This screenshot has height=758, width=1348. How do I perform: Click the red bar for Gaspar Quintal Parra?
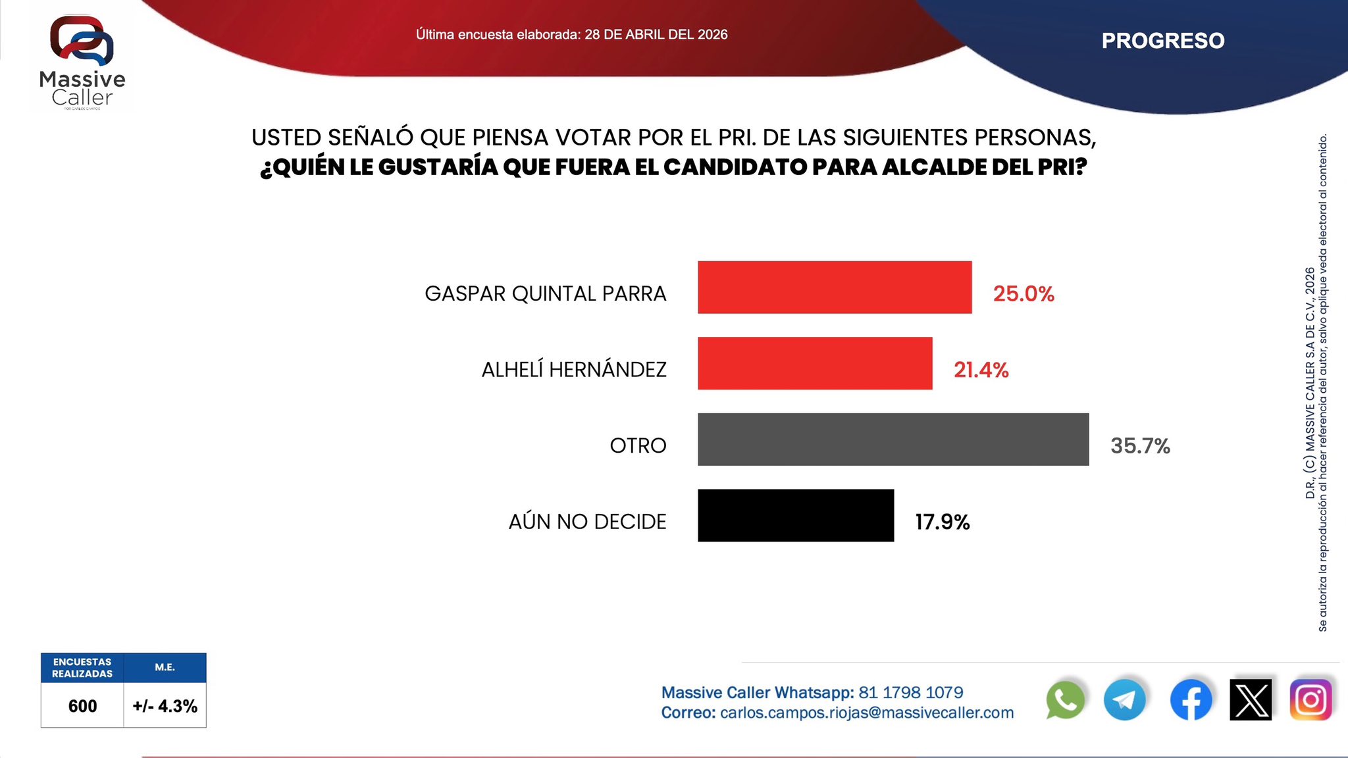click(835, 287)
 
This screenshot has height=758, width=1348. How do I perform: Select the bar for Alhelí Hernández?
click(815, 363)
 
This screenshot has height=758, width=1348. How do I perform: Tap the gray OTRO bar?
click(893, 440)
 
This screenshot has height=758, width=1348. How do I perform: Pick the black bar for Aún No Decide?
click(796, 515)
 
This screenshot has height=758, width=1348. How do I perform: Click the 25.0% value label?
click(1024, 293)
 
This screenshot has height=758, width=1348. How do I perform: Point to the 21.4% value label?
click(981, 370)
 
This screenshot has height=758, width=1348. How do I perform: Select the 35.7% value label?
click(1140, 446)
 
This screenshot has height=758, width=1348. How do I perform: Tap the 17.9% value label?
click(942, 522)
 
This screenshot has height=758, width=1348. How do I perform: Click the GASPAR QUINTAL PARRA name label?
click(545, 293)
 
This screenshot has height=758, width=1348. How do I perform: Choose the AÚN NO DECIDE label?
click(587, 522)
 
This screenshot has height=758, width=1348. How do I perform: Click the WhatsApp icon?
click(1065, 700)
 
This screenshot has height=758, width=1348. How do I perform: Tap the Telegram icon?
click(1124, 700)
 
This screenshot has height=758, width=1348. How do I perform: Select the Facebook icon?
click(1191, 700)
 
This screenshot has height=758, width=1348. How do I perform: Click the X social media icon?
click(1251, 700)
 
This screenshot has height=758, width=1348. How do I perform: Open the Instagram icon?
click(1310, 700)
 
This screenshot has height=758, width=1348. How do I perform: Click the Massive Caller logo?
click(82, 63)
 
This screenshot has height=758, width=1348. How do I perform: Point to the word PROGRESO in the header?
click(1163, 41)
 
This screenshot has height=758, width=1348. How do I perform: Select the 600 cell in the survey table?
click(82, 706)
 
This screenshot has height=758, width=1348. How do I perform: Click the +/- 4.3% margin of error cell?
click(165, 706)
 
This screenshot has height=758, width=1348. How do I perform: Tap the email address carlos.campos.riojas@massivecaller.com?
click(867, 713)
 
